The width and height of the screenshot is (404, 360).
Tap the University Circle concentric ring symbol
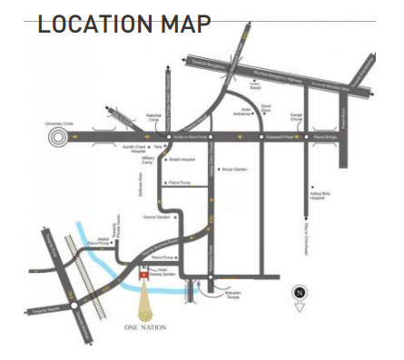[x=58, y=136]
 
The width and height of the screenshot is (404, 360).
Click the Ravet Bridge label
[x=324, y=137]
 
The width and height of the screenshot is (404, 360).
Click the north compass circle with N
[x=301, y=292]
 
